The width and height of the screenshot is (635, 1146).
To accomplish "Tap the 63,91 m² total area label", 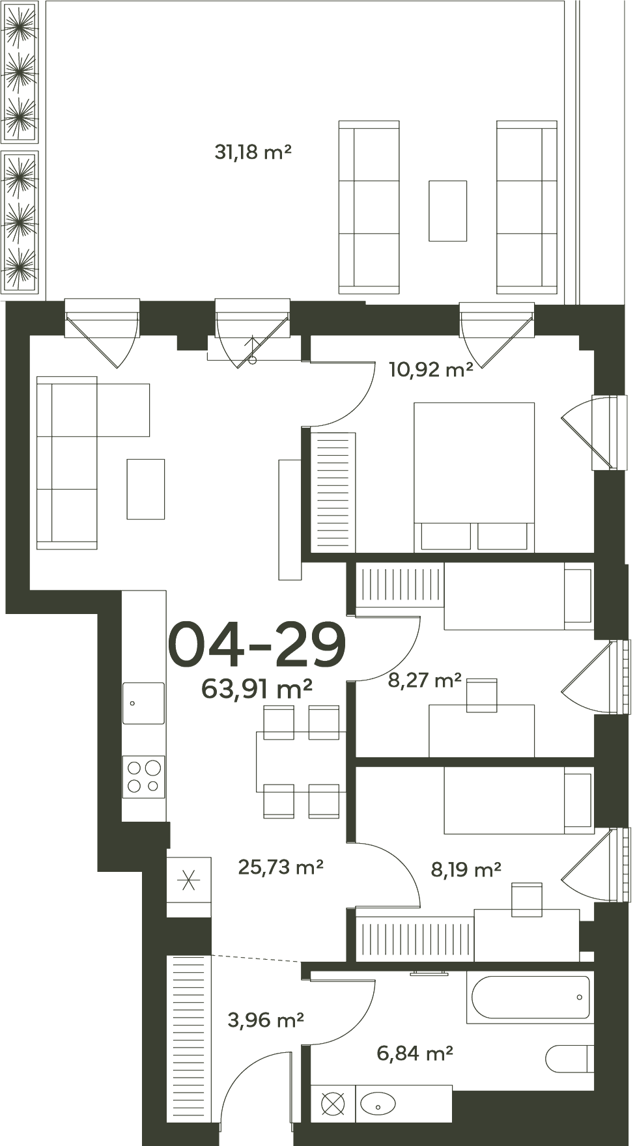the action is click(x=257, y=688).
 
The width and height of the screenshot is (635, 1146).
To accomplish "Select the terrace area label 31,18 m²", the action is click(x=253, y=152).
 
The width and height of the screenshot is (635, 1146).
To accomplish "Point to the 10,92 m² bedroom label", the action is click(x=430, y=370).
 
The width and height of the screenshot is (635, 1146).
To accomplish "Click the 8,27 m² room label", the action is click(x=425, y=680).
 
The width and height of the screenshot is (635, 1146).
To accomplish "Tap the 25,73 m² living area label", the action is click(x=281, y=867).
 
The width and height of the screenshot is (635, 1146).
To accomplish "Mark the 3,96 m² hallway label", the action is click(x=266, y=1020).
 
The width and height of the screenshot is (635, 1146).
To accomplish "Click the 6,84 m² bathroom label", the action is click(x=415, y=1052).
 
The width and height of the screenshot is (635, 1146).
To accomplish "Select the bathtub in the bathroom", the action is click(x=529, y=997).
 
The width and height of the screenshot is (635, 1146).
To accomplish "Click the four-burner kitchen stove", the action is click(x=144, y=777).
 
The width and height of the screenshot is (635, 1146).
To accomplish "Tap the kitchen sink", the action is click(x=144, y=703).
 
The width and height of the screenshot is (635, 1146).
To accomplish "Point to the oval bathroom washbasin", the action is click(x=378, y=1104).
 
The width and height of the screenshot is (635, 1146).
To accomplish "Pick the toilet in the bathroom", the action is click(x=569, y=1059).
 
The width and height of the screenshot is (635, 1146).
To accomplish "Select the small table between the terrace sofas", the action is click(x=447, y=210).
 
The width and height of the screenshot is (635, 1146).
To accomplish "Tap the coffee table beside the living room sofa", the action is click(x=146, y=489).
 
